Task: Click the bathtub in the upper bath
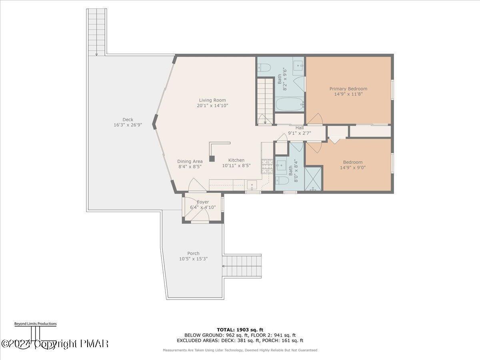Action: pos(290,104)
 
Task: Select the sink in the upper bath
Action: pos(298,64)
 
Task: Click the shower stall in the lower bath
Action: pos(313,179)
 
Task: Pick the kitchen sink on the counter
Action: pos(252,184)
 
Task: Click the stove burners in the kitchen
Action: pos(265,165)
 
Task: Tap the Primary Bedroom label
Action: pos(348,89)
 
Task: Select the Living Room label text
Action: pos(212,100)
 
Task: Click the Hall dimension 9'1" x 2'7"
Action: pos(300,133)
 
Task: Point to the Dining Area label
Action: pos(190,162)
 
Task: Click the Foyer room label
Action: pos(203,202)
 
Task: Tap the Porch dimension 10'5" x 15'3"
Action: pos(193,259)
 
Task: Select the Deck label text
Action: pos(128,119)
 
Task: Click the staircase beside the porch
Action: pos(242,266)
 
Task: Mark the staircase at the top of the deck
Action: pos(96,32)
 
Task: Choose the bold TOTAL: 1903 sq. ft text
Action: pos(240,330)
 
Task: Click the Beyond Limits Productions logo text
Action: pos(35,324)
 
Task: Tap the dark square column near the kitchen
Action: pos(212,158)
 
